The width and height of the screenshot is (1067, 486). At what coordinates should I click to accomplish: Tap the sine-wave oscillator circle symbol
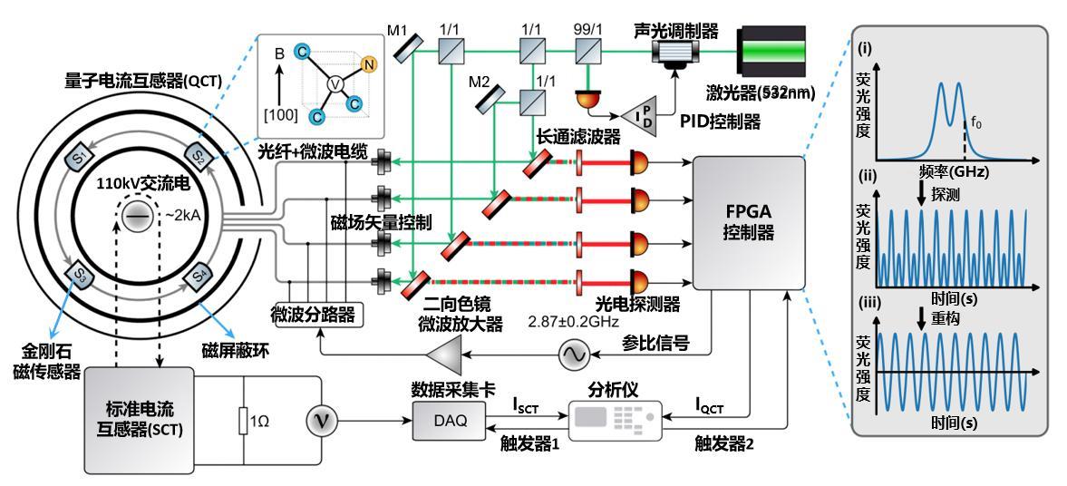point(571,355)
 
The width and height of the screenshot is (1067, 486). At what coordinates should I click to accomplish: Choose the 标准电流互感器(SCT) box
point(140,420)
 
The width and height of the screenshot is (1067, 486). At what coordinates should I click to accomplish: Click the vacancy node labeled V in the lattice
point(334,84)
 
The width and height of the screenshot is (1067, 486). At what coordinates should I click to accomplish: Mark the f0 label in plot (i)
point(975,124)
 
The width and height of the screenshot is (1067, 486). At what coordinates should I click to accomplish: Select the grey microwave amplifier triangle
point(443,355)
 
